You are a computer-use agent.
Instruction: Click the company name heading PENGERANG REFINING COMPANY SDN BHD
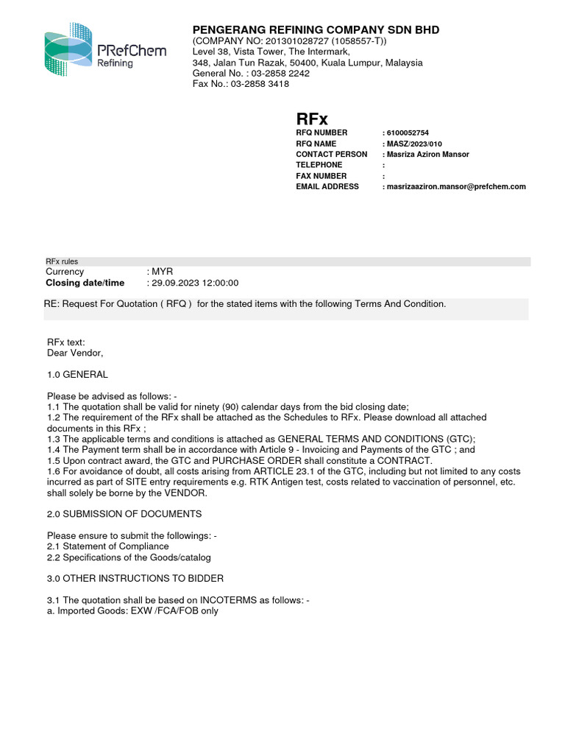coord(316,30)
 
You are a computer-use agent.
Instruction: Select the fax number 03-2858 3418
coord(260,84)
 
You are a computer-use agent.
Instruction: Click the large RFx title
coord(312,119)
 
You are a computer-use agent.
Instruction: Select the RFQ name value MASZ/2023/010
coord(416,144)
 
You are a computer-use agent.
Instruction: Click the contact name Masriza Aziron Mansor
coord(427,155)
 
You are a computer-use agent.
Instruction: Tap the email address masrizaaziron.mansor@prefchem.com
coord(456,187)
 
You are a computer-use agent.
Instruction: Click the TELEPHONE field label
coord(319,165)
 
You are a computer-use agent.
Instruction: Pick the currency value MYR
coord(163,272)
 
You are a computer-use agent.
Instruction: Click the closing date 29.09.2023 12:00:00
coord(195,283)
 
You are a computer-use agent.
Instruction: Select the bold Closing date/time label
coord(85,283)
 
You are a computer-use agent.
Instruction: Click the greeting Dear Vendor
coord(75,353)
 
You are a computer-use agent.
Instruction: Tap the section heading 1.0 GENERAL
coord(77,375)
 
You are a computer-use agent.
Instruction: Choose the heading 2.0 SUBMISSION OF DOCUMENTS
coord(124,514)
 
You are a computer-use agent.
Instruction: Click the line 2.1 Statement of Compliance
coord(108,546)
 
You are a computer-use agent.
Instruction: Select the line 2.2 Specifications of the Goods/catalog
coord(129,557)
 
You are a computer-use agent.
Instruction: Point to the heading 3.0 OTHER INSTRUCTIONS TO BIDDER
coord(135,579)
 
